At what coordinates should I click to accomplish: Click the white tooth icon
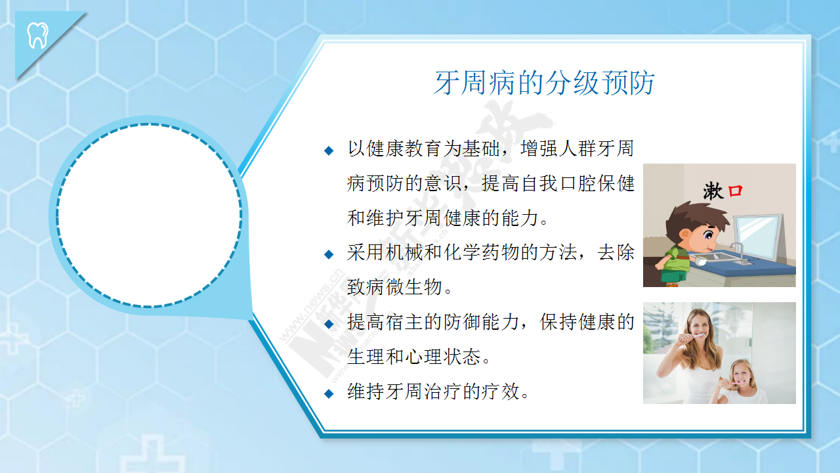(x=38, y=35)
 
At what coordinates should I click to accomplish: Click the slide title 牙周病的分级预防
(x=545, y=83)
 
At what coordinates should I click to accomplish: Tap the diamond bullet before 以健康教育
(x=329, y=151)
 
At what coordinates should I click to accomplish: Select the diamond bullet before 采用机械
(x=329, y=254)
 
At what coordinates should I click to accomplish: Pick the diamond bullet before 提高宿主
(x=329, y=324)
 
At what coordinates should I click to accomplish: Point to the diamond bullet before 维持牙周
(x=329, y=394)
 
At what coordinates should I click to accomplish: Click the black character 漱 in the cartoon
(x=713, y=191)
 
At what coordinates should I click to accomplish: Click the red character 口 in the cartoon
(x=735, y=191)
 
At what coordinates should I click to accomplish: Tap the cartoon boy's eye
(x=709, y=235)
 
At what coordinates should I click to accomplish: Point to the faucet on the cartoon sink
(x=739, y=252)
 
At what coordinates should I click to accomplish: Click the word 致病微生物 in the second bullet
(x=395, y=287)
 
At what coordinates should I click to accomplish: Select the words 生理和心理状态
(x=413, y=357)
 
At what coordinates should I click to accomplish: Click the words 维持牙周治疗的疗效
(x=433, y=392)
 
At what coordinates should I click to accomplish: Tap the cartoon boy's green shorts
(x=674, y=277)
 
